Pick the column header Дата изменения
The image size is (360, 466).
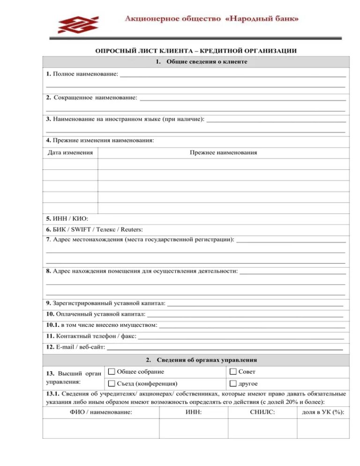[70, 152]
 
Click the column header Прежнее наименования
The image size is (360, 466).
[223, 152]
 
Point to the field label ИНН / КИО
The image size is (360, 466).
[64, 218]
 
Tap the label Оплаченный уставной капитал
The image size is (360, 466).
[96, 314]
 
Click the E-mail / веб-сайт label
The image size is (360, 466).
[75, 347]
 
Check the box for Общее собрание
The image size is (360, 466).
[112, 372]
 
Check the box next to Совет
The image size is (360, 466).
[233, 372]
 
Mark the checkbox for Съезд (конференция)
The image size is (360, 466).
[112, 383]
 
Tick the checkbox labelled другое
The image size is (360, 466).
[233, 383]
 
